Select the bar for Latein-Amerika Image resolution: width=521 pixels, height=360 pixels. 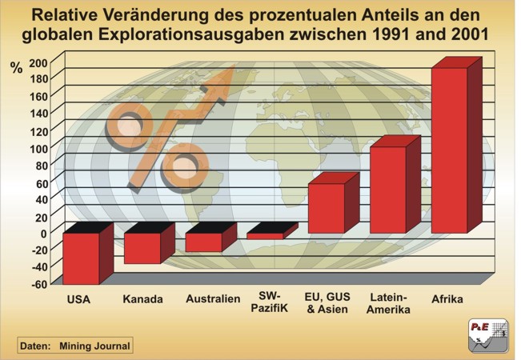pos(387,190)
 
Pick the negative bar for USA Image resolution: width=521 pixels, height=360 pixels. pos(81,258)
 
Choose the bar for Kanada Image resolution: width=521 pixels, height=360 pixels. pos(142,248)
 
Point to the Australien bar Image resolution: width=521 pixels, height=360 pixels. pos(203,242)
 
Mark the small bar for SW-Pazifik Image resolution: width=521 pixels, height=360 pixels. pos(265,236)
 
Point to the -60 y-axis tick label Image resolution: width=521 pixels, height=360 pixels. pos(38,283)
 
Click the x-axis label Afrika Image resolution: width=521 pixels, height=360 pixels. pos(447,299)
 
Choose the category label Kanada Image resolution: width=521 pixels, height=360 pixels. pos(142,300)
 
